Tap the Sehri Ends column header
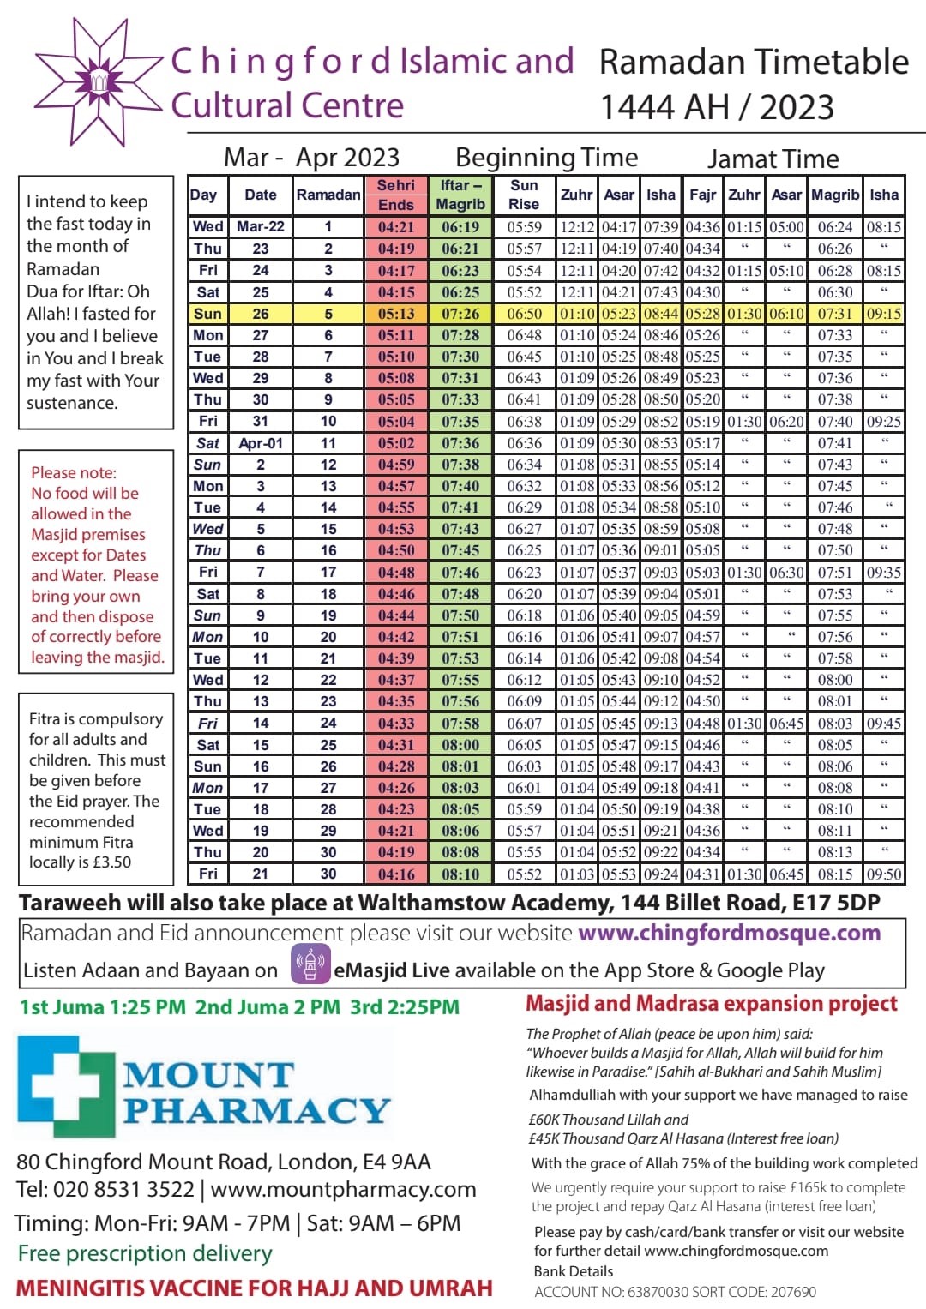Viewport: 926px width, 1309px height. coord(395,195)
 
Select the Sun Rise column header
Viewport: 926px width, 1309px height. coord(524,195)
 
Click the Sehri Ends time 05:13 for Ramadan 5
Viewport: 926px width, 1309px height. coord(395,314)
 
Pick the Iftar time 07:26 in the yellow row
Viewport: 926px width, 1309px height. coord(460,314)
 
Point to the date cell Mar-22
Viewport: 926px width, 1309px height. coord(261,227)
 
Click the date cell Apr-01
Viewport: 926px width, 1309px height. coord(261,443)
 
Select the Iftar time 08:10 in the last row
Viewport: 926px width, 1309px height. coord(460,874)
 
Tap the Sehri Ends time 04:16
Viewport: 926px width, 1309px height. coord(395,874)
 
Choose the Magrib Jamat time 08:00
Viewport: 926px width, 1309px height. coord(834,680)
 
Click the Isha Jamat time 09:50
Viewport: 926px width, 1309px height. coord(884,874)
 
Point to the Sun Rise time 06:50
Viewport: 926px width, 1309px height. coord(524,314)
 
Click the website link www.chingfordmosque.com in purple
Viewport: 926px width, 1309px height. coord(730,933)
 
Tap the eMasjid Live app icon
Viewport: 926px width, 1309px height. coord(310,964)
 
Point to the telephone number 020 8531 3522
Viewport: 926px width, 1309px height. coord(123,1190)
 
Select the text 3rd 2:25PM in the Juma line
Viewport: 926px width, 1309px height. coord(405,1007)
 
